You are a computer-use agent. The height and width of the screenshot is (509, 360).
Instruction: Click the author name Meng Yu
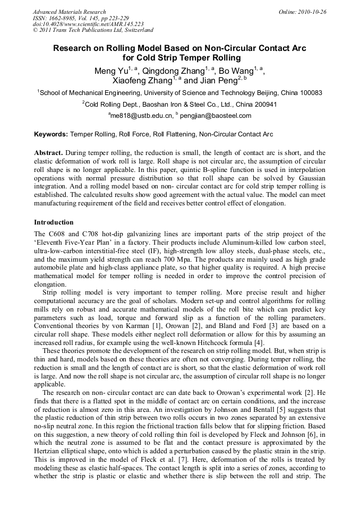109,71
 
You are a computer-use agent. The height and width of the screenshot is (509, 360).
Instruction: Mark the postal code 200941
263,105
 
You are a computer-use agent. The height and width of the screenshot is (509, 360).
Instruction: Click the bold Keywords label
51,135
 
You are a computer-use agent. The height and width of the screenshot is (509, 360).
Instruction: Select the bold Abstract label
49,152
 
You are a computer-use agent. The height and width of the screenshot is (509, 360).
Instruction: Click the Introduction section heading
54,222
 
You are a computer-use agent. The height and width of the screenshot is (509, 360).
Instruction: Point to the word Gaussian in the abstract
309,178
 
